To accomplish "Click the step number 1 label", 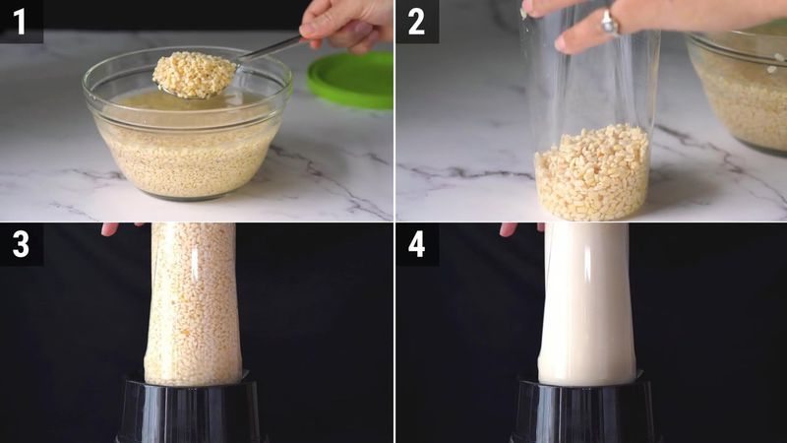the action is pyautogui.click(x=20, y=22).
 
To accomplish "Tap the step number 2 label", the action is pyautogui.click(x=416, y=22).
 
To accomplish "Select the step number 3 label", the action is pyautogui.click(x=21, y=244).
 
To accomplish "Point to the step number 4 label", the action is pyautogui.click(x=416, y=244).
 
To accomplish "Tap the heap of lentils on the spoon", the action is pyautogui.click(x=194, y=75).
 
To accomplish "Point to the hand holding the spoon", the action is pyautogui.click(x=347, y=24).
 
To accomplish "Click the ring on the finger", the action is pyautogui.click(x=608, y=23).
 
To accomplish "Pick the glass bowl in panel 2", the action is pyautogui.click(x=738, y=91).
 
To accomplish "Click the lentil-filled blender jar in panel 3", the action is pyautogui.click(x=192, y=304).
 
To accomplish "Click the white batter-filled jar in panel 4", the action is pyautogui.click(x=586, y=304).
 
